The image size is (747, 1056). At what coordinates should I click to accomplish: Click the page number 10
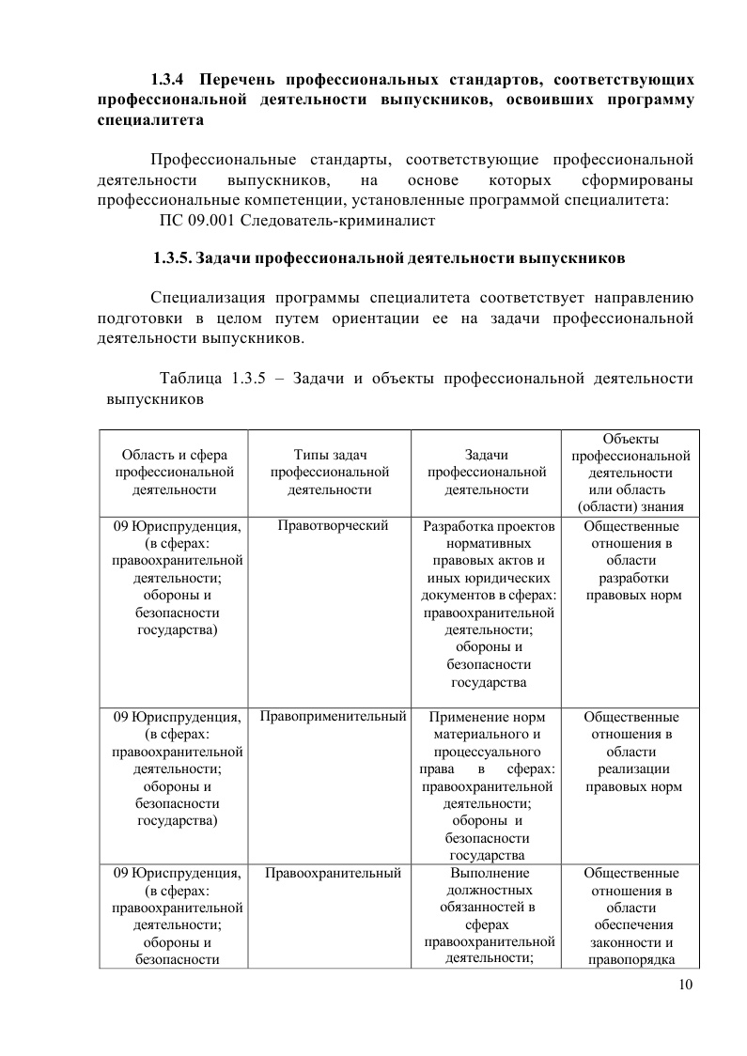[684, 985]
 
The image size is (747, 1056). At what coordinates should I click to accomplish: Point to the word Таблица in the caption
[191, 379]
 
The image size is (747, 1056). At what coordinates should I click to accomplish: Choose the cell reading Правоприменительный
[333, 717]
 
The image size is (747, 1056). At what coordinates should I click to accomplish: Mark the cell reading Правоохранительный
[333, 874]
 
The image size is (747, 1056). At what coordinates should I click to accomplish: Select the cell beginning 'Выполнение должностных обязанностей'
[486, 916]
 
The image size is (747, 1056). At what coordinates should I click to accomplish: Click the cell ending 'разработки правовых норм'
[630, 561]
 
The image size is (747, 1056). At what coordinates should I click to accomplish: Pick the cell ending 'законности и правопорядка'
[630, 916]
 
